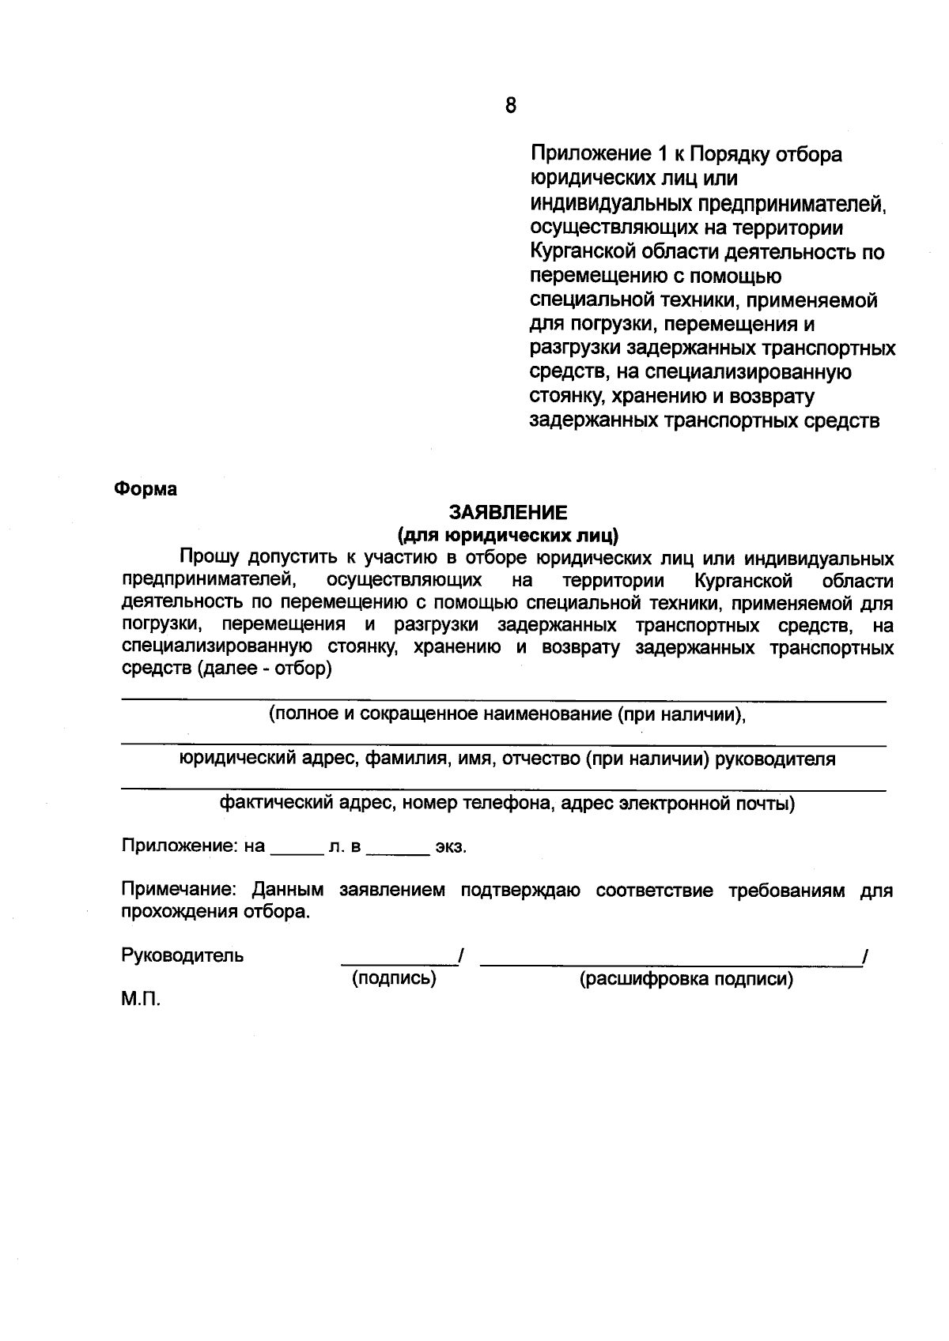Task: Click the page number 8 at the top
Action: pos(510,105)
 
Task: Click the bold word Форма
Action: pos(146,489)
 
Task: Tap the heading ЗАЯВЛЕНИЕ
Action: pos(509,513)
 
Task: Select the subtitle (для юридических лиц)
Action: pos(509,536)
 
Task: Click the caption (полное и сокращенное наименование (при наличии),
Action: pos(507,714)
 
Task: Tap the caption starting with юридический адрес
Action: pos(507,759)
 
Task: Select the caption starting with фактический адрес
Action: pos(507,804)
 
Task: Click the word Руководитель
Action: pos(182,955)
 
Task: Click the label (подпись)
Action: pos(394,979)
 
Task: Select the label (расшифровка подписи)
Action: pos(686,980)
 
